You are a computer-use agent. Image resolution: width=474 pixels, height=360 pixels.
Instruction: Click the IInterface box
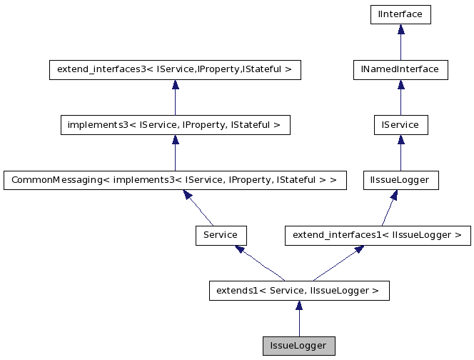[400, 14]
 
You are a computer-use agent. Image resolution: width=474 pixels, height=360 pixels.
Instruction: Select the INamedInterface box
[400, 69]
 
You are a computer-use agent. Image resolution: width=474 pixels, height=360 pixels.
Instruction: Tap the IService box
[400, 125]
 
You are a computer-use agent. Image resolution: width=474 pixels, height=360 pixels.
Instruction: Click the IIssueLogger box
[400, 180]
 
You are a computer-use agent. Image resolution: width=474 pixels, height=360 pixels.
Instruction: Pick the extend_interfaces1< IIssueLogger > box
[378, 234]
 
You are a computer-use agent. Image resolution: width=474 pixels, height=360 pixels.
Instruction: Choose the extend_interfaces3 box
[175, 69]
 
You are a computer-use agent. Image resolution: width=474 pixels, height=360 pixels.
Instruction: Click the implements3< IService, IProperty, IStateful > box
[175, 125]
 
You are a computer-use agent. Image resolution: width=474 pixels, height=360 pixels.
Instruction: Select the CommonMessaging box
[175, 180]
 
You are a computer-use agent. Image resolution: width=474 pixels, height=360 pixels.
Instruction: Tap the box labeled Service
[221, 234]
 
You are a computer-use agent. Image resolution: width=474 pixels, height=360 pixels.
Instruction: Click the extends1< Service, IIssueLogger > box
[299, 291]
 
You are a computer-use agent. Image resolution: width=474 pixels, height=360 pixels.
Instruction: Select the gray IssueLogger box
[299, 346]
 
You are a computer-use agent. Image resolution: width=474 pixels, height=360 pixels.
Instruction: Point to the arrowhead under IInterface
[400, 29]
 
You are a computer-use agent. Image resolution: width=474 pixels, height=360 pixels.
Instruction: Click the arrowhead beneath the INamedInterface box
[400, 84]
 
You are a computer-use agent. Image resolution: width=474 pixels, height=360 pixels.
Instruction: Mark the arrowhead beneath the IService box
[400, 140]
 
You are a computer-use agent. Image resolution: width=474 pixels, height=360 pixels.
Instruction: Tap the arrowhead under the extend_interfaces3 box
[175, 84]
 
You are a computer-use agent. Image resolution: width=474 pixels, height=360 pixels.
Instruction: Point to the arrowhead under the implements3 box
[175, 140]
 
